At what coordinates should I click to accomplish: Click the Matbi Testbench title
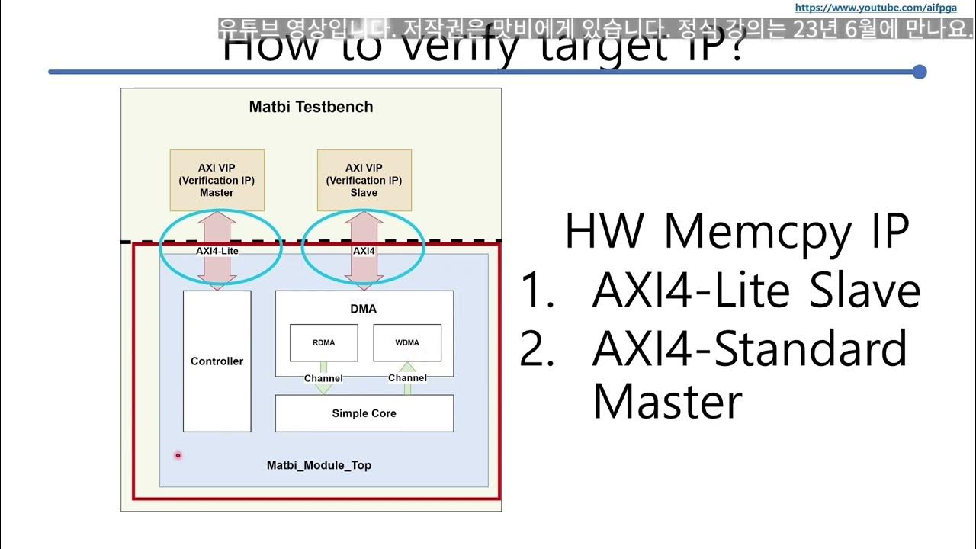click(x=311, y=107)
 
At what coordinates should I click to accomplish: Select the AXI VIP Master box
click(x=217, y=180)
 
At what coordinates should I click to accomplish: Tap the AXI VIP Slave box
click(x=364, y=180)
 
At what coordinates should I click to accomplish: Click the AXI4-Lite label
click(x=217, y=250)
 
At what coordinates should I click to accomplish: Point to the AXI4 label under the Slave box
click(x=364, y=250)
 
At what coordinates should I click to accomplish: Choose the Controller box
click(x=217, y=361)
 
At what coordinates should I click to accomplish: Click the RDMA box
click(x=323, y=342)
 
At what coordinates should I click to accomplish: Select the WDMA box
click(x=407, y=342)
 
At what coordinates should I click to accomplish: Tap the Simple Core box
click(x=364, y=413)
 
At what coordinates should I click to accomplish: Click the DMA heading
click(x=364, y=309)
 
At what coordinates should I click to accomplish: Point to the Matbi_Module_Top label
click(x=319, y=465)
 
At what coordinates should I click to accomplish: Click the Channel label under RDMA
click(x=323, y=378)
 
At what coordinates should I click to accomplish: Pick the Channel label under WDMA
click(x=407, y=378)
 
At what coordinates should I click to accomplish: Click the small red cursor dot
click(x=178, y=456)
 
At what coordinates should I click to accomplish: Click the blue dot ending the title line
click(x=920, y=72)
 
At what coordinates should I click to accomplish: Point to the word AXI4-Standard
click(x=749, y=348)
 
